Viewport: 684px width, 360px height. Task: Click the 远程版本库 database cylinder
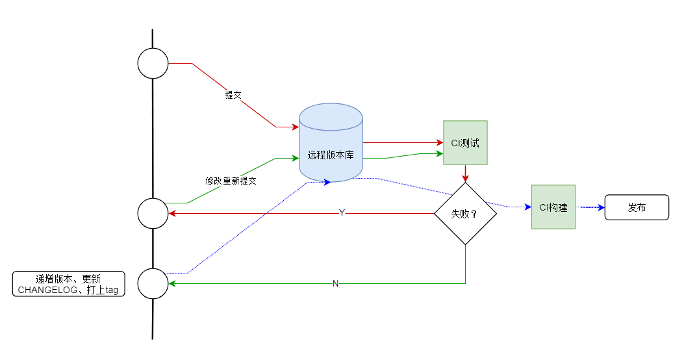tap(331, 143)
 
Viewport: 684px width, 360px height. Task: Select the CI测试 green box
tap(465, 143)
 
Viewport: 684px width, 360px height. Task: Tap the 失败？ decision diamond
tap(466, 213)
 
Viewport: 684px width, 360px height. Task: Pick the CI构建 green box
tap(553, 207)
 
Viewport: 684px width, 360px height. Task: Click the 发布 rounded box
tap(637, 207)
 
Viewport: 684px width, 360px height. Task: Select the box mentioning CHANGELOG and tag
tap(68, 283)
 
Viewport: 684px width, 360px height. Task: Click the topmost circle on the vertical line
tap(153, 63)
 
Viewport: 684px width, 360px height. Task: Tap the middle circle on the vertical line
tap(153, 213)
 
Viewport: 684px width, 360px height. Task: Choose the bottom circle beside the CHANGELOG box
tap(153, 283)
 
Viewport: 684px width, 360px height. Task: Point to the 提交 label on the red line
tap(233, 95)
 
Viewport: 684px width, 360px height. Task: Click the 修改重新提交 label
tap(231, 181)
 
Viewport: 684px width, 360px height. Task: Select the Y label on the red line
tap(342, 212)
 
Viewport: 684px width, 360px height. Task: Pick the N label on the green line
tap(335, 283)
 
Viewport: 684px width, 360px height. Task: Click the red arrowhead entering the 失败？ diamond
tap(466, 179)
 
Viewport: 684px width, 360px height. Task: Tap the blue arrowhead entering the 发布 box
tap(601, 207)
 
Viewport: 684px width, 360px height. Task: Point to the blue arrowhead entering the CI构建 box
tap(528, 207)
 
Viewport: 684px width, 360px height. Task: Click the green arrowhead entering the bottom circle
tap(172, 283)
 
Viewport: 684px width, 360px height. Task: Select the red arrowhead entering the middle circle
tap(172, 213)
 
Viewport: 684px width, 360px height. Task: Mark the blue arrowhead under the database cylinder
tap(327, 182)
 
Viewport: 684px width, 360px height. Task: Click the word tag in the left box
tap(112, 290)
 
